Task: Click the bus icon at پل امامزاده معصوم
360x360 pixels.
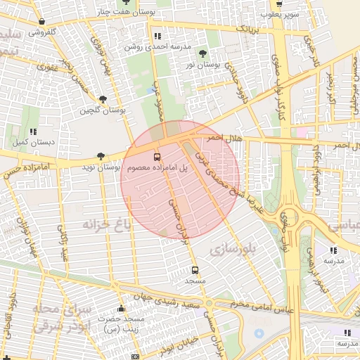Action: (x=157, y=156)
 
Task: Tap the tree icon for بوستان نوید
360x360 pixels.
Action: (x=101, y=155)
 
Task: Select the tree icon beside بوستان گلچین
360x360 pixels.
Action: (x=103, y=99)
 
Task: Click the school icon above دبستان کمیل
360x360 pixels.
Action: (x=33, y=131)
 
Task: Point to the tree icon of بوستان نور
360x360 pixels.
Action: (x=203, y=53)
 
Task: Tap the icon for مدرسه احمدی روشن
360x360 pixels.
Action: (x=157, y=36)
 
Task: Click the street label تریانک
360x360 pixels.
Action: (x=251, y=29)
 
